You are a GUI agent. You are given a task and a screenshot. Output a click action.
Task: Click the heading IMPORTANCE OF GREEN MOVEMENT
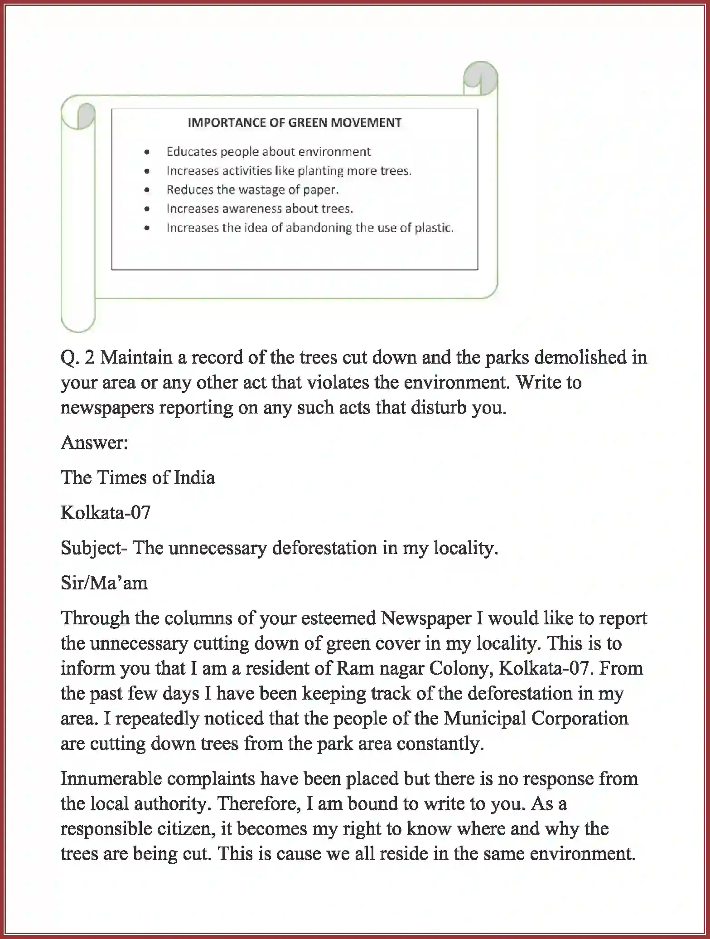pyautogui.click(x=295, y=122)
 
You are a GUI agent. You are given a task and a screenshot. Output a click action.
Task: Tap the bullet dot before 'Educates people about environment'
pyautogui.click(x=146, y=152)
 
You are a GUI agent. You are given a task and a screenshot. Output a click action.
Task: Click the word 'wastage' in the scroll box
pyautogui.click(x=262, y=190)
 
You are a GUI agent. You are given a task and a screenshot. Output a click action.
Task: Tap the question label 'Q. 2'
pyautogui.click(x=77, y=358)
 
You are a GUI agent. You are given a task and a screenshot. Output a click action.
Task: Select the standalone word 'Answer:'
pyautogui.click(x=94, y=443)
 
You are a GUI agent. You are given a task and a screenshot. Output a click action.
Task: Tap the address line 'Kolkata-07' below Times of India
pyautogui.click(x=105, y=513)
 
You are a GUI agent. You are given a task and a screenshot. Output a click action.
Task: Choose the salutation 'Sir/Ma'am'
pyautogui.click(x=104, y=583)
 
